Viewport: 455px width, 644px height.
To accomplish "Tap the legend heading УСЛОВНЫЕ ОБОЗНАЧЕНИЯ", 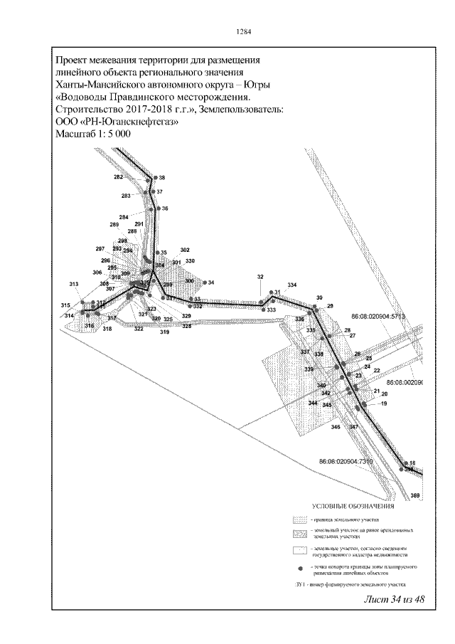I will click(x=353, y=507).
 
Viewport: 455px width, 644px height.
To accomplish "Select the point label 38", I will click(x=162, y=177).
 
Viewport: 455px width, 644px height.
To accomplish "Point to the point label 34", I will click(x=211, y=283).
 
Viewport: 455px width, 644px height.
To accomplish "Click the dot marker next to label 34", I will click(x=203, y=283).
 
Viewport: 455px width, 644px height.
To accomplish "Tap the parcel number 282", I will click(x=118, y=176).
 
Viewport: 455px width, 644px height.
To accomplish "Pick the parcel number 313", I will click(x=74, y=285).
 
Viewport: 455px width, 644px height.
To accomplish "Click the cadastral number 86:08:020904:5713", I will click(x=378, y=315).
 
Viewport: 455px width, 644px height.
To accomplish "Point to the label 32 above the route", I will click(x=260, y=277).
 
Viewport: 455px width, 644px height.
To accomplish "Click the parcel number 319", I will click(x=164, y=332).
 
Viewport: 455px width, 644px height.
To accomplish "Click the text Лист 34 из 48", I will click(x=394, y=599).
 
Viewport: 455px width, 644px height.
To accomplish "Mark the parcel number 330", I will click(x=190, y=261).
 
